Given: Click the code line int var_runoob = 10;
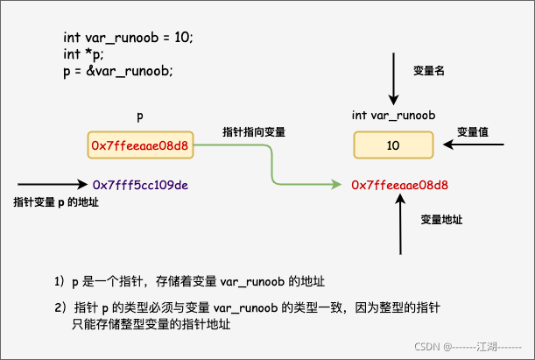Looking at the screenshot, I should click(128, 38).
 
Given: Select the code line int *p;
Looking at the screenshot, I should click(83, 54).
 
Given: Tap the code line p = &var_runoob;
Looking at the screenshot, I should click(117, 71).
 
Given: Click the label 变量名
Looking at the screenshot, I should click(430, 70).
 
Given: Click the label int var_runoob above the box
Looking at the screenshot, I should click(394, 115).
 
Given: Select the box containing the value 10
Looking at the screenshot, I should click(393, 145).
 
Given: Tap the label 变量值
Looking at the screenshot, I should click(472, 131).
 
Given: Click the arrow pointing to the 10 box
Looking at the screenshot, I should click(469, 145).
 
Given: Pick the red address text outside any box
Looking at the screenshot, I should click(399, 185).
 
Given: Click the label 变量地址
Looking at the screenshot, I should click(440, 219).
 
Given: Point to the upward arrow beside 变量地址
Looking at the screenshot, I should click(399, 223).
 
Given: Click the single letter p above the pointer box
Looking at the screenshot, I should click(140, 115).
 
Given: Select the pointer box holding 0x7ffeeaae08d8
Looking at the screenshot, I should click(140, 145).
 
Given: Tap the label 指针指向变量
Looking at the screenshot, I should click(255, 132).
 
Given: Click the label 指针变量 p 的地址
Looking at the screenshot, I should click(56, 202).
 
